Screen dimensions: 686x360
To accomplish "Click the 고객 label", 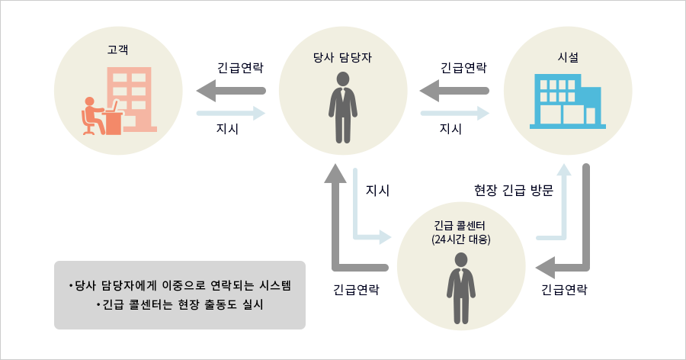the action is click(117, 50).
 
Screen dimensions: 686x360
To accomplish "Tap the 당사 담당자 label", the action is click(342, 57).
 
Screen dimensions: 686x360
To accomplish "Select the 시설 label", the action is click(568, 57).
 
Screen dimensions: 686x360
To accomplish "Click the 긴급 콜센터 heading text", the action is click(460, 226).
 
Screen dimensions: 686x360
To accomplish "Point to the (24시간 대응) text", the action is click(460, 239).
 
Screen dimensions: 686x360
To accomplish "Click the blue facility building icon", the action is click(568, 101).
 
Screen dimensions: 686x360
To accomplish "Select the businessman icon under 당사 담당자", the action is click(343, 108).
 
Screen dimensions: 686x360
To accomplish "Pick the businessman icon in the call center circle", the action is click(461, 288).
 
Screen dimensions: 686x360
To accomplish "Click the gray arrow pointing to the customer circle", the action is click(231, 91).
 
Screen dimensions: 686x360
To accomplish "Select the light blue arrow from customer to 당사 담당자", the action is click(231, 114).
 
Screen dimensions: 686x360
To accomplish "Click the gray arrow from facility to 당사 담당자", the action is click(454, 91).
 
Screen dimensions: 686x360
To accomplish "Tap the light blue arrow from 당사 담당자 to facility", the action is click(455, 114).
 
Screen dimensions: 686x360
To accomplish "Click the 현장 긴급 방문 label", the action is click(514, 190).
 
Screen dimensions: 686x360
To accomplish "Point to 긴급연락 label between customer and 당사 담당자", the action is click(240, 68).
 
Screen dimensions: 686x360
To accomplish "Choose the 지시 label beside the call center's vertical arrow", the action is click(377, 190).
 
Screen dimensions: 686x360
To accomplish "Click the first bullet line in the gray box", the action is click(180, 285).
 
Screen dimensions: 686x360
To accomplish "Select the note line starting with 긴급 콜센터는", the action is click(180, 304).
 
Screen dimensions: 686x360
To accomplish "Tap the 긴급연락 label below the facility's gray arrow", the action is click(564, 290).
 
